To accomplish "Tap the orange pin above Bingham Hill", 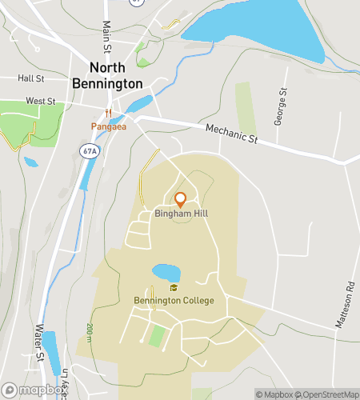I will (x=181, y=199).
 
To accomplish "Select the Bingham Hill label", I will (x=181, y=214).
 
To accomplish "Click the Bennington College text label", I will (x=174, y=301).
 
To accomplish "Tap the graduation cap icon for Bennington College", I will (x=174, y=288).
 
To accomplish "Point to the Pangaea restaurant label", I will (x=107, y=126).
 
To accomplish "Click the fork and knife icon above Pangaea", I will (x=107, y=114).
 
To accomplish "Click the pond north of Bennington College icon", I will (x=166, y=273).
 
